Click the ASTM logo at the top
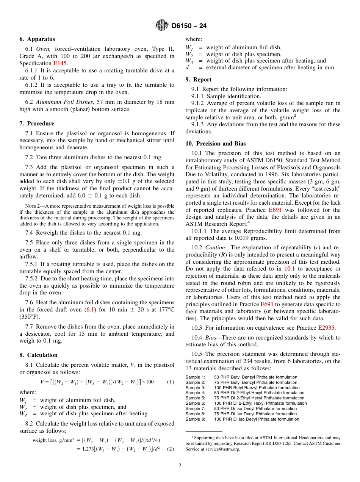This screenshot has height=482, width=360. (162, 26)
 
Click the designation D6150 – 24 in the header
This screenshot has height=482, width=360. (189, 26)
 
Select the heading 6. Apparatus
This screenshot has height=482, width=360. (37, 39)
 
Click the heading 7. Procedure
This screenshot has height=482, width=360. (37, 124)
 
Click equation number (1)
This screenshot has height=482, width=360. (170, 382)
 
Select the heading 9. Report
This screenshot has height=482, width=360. (199, 80)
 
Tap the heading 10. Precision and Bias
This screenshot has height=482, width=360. (215, 144)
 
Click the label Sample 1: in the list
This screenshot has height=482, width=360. (195, 377)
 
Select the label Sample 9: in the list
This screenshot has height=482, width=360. (195, 419)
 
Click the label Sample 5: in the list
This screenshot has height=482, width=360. (195, 398)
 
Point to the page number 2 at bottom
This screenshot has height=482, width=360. (180, 466)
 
